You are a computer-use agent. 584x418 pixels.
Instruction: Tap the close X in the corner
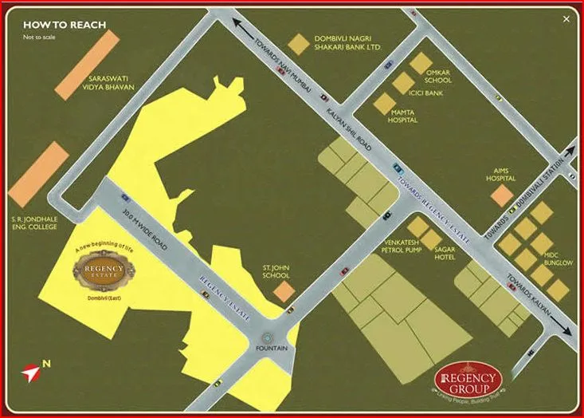(566, 18)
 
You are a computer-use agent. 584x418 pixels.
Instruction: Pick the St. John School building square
(284, 291)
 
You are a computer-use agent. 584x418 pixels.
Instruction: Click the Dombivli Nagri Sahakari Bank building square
(297, 44)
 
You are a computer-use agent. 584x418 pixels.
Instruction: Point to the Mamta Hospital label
(406, 118)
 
